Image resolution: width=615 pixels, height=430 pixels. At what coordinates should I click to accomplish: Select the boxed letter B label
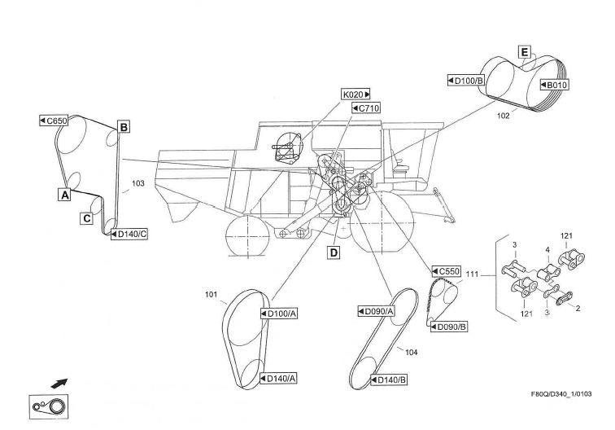tap(124, 127)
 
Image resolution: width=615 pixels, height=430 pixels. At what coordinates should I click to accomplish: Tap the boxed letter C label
tap(85, 218)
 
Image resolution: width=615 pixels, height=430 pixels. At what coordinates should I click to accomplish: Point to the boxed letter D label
tap(334, 252)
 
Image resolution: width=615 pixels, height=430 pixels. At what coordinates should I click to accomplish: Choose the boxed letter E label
tap(525, 53)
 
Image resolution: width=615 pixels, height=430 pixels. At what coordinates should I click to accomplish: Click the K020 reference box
tap(356, 94)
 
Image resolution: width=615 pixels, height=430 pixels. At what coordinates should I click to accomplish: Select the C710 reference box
tap(366, 107)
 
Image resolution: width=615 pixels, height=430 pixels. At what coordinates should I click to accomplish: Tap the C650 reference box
tap(54, 121)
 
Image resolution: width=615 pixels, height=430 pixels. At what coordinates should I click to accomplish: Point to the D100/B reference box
tap(467, 81)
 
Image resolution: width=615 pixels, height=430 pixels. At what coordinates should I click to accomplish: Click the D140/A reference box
tap(278, 378)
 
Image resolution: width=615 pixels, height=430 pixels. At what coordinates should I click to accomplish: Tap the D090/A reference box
tap(376, 310)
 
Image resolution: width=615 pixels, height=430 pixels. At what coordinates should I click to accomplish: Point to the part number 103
tap(137, 184)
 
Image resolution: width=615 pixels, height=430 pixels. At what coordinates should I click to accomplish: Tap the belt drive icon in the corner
tap(50, 406)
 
